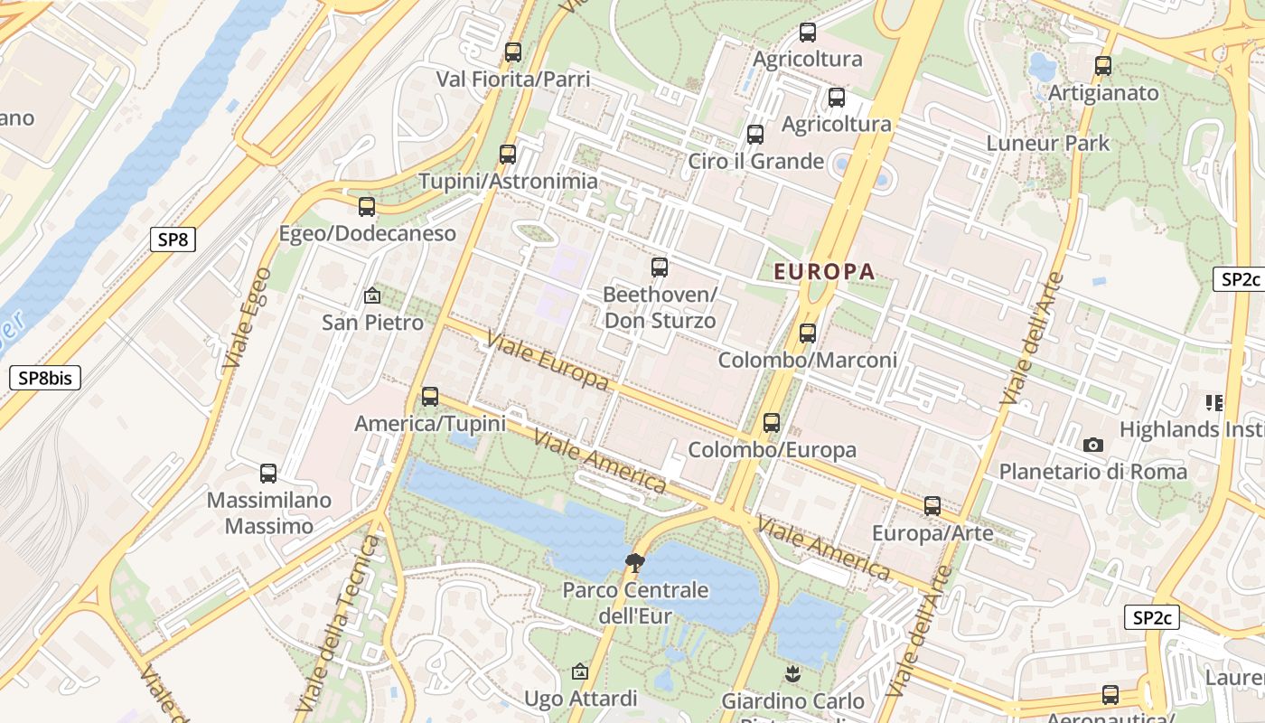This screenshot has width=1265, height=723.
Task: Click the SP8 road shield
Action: (172, 239)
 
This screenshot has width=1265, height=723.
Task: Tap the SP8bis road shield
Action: (45, 378)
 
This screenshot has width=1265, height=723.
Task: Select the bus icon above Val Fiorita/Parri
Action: (513, 52)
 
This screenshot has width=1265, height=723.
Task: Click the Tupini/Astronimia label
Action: (508, 182)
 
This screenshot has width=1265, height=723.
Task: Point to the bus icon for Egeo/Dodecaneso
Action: (366, 207)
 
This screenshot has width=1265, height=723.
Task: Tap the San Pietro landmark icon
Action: (371, 296)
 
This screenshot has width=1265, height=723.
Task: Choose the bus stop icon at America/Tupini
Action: (430, 397)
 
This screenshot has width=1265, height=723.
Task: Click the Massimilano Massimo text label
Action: (268, 513)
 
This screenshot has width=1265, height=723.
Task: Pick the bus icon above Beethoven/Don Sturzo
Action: (660, 268)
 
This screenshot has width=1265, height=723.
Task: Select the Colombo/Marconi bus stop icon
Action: (808, 333)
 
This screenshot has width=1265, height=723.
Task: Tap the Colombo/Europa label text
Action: (772, 450)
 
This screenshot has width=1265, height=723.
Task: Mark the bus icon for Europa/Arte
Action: (932, 506)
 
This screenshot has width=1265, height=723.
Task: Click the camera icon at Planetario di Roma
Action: (1092, 445)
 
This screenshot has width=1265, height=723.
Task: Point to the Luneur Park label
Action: (1047, 143)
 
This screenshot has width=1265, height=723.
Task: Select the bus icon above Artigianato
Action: (1102, 66)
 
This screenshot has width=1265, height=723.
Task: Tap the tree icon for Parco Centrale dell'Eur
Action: (635, 562)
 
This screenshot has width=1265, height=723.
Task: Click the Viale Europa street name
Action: (547, 361)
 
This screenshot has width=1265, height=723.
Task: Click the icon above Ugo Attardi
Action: (580, 671)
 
